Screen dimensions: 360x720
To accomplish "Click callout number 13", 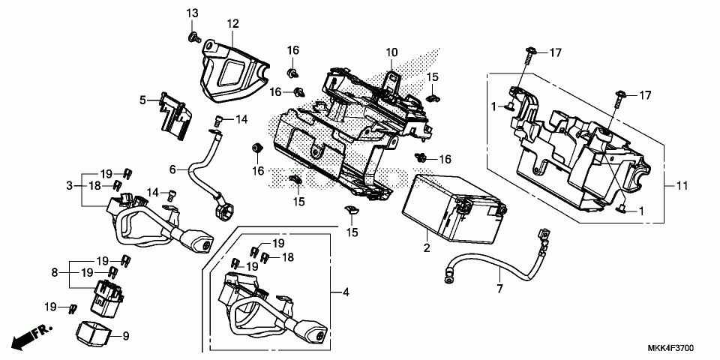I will (x=193, y=13).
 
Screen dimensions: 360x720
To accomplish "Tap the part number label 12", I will (x=233, y=23).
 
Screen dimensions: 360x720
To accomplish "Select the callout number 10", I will (x=391, y=52).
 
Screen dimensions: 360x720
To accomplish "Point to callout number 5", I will (x=142, y=99).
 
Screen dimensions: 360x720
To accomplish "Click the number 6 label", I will (x=172, y=169).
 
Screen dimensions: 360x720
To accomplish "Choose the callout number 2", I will (x=426, y=247).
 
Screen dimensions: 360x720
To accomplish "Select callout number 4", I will (x=346, y=292).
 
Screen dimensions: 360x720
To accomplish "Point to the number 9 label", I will (x=125, y=335).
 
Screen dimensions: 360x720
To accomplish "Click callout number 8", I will (x=55, y=272).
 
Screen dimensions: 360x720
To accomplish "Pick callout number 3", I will (x=69, y=184).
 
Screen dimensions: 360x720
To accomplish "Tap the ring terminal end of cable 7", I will (x=448, y=275).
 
